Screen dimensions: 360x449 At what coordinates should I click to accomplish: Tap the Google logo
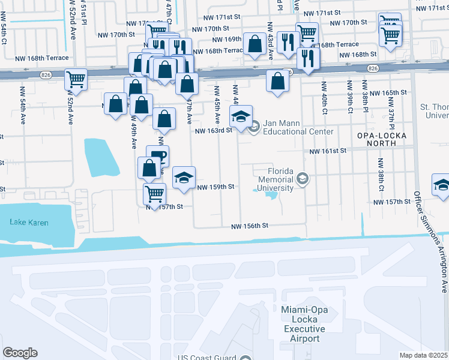(20, 352)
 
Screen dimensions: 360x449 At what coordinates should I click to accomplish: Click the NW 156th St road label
(249, 226)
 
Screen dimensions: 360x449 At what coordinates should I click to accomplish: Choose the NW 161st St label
(328, 152)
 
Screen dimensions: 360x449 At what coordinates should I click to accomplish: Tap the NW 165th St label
(388, 93)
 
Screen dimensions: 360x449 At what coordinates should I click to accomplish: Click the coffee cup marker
(157, 155)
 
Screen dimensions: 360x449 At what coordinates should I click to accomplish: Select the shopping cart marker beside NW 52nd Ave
(76, 78)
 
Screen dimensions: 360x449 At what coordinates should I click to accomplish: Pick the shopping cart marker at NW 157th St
(154, 193)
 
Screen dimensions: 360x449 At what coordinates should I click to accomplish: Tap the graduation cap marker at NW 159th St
(184, 177)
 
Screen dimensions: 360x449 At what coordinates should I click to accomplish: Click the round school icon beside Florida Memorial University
(303, 178)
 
